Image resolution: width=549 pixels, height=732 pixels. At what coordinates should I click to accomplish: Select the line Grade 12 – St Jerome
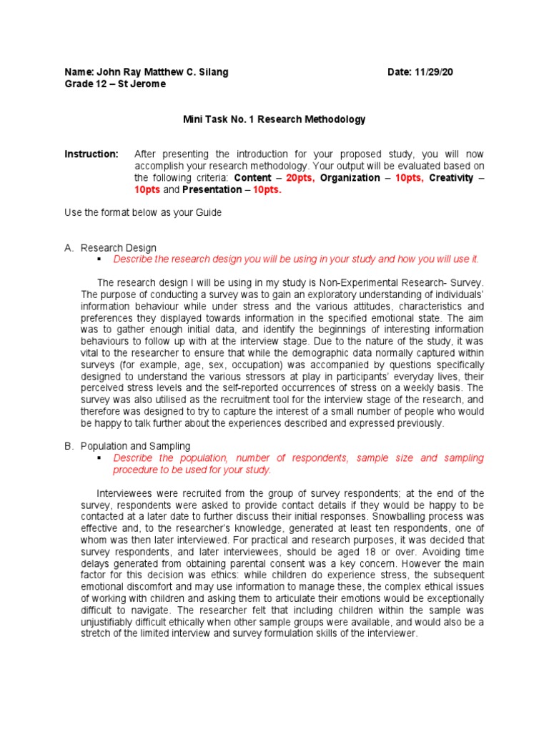click(x=115, y=84)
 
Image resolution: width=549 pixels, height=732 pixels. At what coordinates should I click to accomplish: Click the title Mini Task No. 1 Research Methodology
click(x=274, y=119)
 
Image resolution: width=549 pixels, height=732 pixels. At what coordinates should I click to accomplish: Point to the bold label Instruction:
click(x=91, y=154)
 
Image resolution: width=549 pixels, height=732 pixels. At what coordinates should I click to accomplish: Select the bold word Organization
click(x=350, y=178)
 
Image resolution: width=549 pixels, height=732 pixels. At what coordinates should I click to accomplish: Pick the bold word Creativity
click(x=451, y=178)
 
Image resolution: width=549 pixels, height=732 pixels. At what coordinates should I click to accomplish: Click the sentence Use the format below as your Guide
click(x=143, y=212)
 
